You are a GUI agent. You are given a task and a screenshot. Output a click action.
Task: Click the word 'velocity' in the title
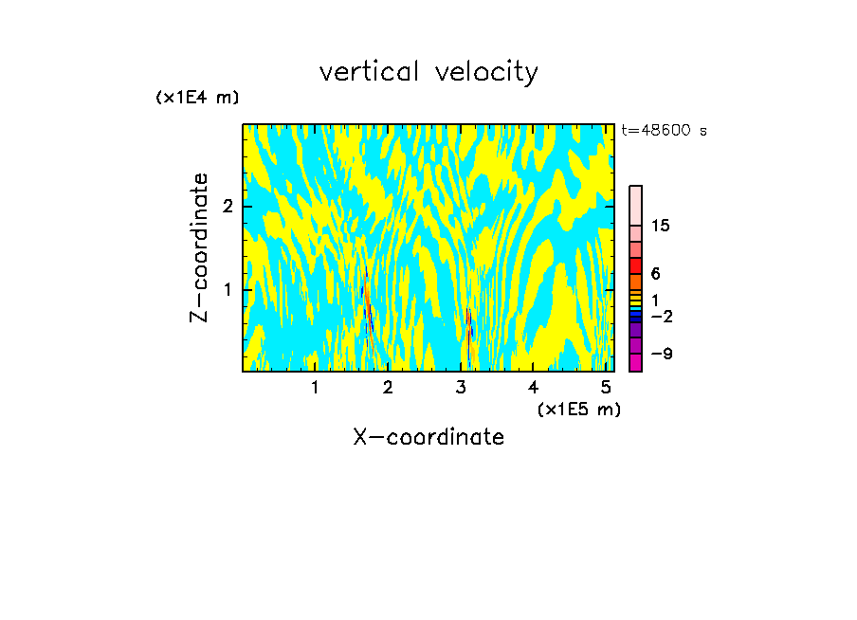click(484, 72)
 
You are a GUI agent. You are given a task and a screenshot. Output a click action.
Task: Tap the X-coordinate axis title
click(428, 437)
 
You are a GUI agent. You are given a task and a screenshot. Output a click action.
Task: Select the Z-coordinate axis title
click(199, 247)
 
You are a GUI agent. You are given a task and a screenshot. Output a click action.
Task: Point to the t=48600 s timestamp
click(664, 131)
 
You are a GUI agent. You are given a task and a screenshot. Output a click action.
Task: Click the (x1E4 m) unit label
click(197, 97)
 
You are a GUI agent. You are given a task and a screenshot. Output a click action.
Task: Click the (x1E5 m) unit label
click(578, 409)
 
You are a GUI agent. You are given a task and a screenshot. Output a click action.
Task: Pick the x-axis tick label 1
click(315, 387)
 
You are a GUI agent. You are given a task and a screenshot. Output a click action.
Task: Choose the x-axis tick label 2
click(388, 387)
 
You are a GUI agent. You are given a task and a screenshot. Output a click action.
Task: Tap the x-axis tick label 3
click(461, 387)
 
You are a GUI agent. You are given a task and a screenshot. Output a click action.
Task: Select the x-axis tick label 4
click(534, 387)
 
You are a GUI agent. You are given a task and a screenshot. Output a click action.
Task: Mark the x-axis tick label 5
click(606, 387)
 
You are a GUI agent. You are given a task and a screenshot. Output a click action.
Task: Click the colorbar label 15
click(661, 226)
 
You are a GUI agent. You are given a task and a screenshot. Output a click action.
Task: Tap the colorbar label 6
click(655, 274)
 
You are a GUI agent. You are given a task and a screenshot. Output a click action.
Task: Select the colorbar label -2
click(661, 316)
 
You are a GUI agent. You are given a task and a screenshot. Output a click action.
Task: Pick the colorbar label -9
click(661, 354)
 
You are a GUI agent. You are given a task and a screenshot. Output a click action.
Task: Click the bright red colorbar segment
click(636, 265)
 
